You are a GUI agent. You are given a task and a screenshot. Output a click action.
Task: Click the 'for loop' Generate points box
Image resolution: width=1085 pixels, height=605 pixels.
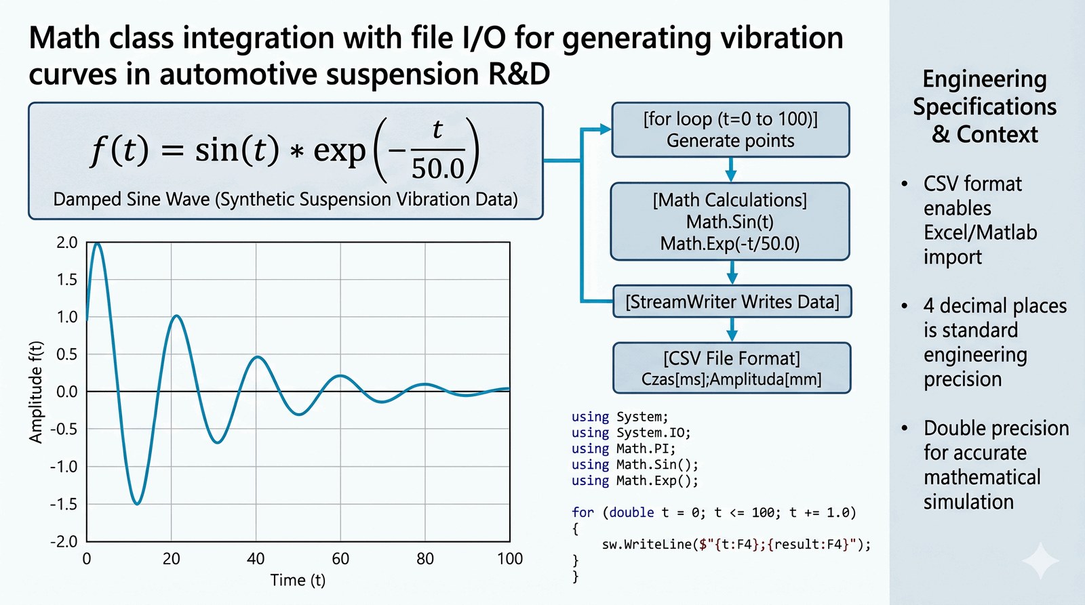click(x=730, y=130)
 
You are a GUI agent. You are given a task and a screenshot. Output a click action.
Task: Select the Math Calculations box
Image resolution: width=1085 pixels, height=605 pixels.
click(x=730, y=222)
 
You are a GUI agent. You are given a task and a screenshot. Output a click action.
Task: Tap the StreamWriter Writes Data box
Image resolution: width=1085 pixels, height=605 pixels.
click(x=732, y=301)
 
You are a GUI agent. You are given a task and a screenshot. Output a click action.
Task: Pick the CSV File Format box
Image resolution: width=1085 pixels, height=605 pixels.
click(x=731, y=368)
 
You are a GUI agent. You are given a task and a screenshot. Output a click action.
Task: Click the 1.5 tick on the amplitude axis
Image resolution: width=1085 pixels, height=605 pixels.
click(x=67, y=280)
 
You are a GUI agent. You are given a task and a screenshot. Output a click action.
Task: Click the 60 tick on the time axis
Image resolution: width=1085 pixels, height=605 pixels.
click(x=340, y=559)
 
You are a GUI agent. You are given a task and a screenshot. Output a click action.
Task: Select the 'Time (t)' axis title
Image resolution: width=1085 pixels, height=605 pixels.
click(x=298, y=581)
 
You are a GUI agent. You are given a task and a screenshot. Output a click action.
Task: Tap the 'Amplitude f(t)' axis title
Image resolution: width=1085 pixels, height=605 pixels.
click(x=35, y=392)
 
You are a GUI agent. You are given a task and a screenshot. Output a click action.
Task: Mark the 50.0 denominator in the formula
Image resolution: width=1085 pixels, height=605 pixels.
click(x=438, y=169)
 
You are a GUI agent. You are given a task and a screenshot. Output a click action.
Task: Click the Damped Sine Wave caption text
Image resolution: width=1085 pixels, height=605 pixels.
click(x=285, y=199)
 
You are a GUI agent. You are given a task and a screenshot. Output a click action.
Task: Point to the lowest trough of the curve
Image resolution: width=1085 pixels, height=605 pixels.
click(x=137, y=503)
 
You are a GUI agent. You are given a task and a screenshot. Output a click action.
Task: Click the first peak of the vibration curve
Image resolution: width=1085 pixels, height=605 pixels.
click(x=98, y=243)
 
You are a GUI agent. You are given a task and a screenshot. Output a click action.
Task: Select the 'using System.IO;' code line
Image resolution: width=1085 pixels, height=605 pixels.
click(x=631, y=433)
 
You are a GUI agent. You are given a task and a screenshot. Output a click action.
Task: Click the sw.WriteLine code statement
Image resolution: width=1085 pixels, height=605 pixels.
click(x=736, y=545)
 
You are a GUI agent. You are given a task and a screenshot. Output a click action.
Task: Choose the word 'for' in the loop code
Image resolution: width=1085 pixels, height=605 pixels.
click(x=583, y=513)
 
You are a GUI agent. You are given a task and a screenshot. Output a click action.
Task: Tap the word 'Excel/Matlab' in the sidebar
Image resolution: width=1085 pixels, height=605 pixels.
click(x=980, y=233)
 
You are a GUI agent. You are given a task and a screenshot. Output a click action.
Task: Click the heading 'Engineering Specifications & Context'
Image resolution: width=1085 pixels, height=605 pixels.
click(x=985, y=106)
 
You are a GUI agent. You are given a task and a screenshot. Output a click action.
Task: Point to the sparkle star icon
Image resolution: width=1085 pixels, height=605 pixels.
click(x=1040, y=561)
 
